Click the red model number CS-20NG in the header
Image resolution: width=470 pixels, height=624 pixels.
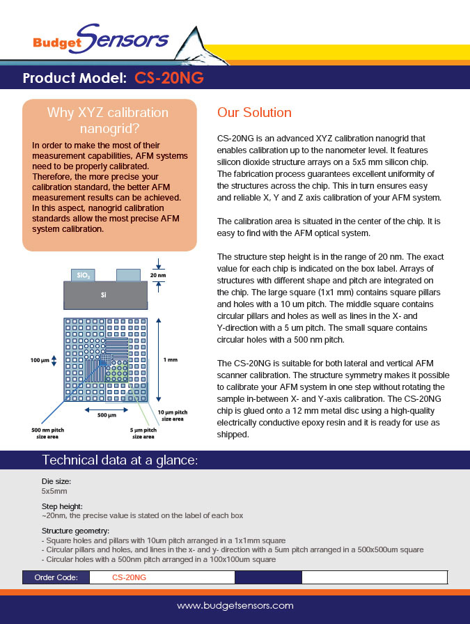pos(169,78)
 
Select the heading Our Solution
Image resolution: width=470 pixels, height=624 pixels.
pos(254,113)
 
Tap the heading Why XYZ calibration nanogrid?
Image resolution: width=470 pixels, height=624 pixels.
pos(107,120)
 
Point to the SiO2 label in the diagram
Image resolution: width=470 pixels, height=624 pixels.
pos(82,276)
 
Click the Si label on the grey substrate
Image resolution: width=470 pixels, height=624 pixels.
pos(104,295)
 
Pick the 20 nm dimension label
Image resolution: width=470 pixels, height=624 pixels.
pos(159,275)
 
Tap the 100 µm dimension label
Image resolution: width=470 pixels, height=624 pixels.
pos(40,360)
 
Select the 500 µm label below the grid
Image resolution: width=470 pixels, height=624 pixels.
pos(106,415)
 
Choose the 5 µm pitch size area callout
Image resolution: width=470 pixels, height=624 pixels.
pos(143,433)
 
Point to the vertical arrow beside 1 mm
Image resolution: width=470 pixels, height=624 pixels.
pos(159,360)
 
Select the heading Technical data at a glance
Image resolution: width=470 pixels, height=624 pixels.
pos(120,460)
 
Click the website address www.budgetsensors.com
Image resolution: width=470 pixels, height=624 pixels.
pos(235,606)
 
